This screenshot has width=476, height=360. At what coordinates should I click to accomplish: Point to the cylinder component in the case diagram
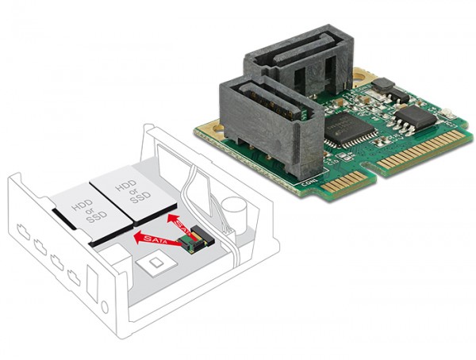click(x=232, y=211)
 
